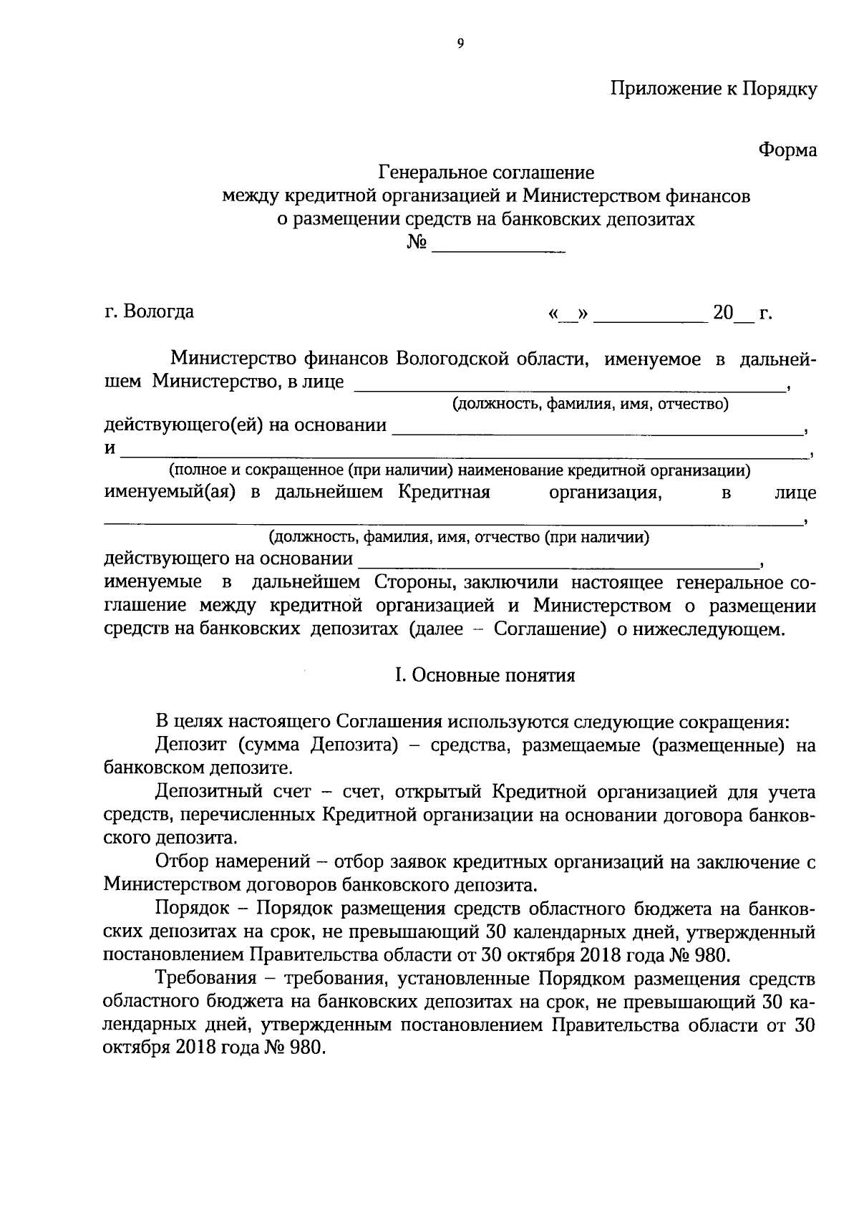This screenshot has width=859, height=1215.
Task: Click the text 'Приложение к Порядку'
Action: pos(713,89)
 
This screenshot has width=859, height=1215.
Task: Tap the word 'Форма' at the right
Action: pos(787,150)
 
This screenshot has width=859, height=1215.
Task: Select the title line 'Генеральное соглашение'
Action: pos(486,173)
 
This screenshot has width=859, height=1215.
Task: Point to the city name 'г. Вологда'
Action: pos(149,312)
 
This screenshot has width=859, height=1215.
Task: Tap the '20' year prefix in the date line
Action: pos(723,314)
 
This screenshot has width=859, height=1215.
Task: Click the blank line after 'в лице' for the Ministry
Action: pos(569,385)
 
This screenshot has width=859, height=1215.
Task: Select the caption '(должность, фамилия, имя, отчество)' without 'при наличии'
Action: pos(589,405)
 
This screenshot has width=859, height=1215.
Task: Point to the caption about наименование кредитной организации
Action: pos(460,470)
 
